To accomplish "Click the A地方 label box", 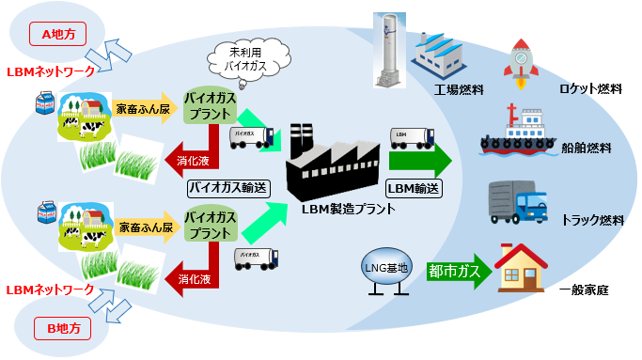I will (64, 35).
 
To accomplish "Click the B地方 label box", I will (64, 329).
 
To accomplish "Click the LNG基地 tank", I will (384, 269).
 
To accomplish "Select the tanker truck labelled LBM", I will (409, 140).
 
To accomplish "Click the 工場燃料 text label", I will (460, 91).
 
